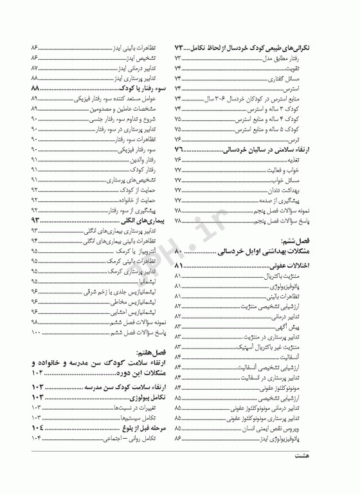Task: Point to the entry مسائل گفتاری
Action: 312,77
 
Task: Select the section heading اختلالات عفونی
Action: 307,265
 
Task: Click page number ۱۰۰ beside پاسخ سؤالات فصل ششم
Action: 36,332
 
